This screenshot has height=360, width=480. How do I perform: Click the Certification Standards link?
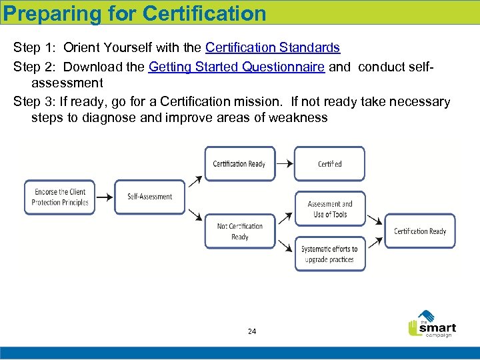(273, 48)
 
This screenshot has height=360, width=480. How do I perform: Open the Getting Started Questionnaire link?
(237, 67)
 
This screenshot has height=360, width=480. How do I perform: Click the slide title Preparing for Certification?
(135, 13)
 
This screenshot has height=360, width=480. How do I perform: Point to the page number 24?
(252, 331)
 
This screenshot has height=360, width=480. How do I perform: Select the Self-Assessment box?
(149, 197)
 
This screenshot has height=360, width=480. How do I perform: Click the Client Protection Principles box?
(60, 197)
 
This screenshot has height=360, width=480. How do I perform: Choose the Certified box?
(329, 164)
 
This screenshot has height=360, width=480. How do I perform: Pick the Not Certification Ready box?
(239, 231)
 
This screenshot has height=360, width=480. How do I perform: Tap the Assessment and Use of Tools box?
(329, 209)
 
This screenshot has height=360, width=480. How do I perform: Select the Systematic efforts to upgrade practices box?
(329, 254)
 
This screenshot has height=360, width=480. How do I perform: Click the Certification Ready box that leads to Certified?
(239, 164)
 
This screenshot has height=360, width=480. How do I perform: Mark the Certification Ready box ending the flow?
(420, 231)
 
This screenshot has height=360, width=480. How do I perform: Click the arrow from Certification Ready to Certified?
(283, 163)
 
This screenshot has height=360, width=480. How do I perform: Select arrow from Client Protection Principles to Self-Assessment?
(105, 197)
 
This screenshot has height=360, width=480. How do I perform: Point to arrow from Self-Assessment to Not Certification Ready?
(195, 214)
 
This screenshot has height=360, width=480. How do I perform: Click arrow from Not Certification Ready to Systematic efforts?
(285, 246)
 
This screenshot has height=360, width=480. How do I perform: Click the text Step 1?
(35, 48)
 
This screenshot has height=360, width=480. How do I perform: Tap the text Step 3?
(35, 101)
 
